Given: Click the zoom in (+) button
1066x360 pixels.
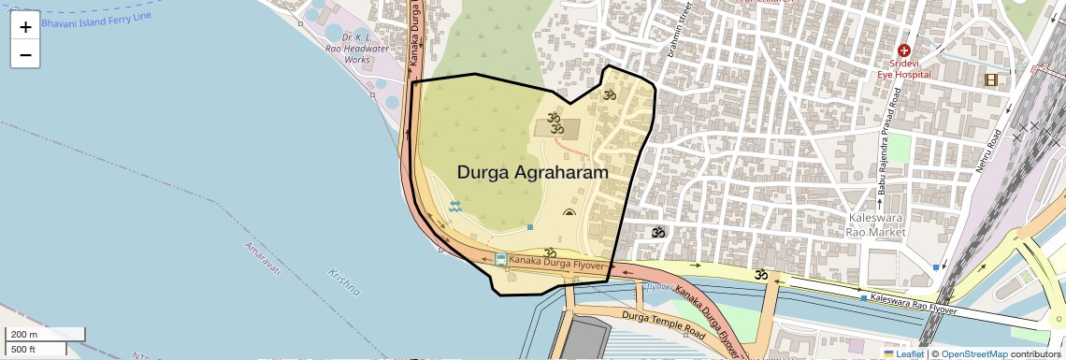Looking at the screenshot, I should point(25,26).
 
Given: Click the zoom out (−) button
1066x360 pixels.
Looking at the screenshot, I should point(25,54).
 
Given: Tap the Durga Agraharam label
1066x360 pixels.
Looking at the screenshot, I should point(532,173).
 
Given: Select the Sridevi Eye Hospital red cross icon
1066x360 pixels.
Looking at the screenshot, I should point(903,50).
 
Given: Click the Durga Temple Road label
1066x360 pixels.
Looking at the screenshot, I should point(663,326).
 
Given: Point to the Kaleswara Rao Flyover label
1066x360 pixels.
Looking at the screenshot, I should point(913,302).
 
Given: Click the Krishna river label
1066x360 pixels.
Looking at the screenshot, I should point(344,281).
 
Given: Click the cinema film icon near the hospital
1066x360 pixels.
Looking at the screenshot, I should point(990,79).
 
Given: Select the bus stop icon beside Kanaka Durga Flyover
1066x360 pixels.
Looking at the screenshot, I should point(501,259).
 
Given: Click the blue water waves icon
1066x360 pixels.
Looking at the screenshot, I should point(455,207).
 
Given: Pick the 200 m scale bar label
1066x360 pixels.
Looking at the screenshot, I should point(25,335).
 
